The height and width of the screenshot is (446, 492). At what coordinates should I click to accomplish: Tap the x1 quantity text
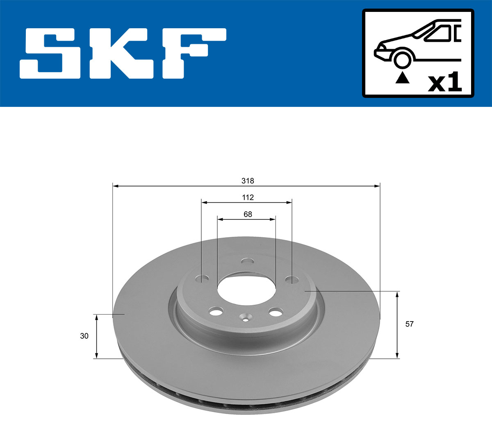(x=445, y=83)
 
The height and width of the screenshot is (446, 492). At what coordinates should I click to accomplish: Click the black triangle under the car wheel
(x=402, y=77)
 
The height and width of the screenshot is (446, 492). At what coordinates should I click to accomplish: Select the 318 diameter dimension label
(x=248, y=181)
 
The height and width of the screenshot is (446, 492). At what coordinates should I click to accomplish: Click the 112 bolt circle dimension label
(x=248, y=197)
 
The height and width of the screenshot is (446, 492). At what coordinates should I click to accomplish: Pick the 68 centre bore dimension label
(x=248, y=214)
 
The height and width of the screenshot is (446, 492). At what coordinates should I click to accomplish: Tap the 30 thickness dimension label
(x=84, y=336)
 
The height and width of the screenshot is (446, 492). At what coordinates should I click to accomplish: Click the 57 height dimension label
(x=409, y=324)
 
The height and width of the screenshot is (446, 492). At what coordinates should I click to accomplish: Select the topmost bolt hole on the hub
(x=247, y=261)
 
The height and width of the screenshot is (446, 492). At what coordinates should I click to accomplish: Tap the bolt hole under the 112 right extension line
(x=292, y=280)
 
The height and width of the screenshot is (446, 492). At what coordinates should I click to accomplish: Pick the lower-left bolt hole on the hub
(x=215, y=312)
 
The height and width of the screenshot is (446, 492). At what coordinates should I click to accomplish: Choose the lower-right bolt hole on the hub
(x=276, y=312)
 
